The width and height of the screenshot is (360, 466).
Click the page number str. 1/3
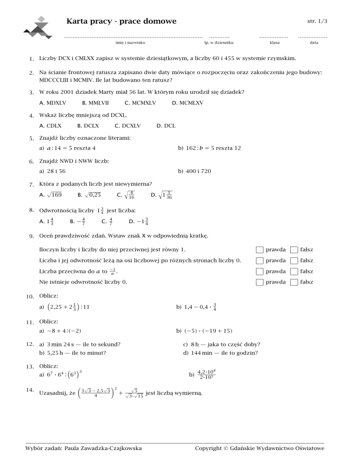point(317,22)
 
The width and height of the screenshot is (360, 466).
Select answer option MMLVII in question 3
point(98,102)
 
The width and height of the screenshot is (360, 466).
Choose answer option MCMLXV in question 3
point(190,102)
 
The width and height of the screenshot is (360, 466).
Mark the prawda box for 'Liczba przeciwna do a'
point(260,271)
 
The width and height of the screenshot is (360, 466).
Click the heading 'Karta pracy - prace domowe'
point(121,22)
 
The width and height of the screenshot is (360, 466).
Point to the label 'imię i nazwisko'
point(130,43)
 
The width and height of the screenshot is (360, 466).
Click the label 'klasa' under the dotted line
point(275,43)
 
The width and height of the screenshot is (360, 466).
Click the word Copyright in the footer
point(208,449)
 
